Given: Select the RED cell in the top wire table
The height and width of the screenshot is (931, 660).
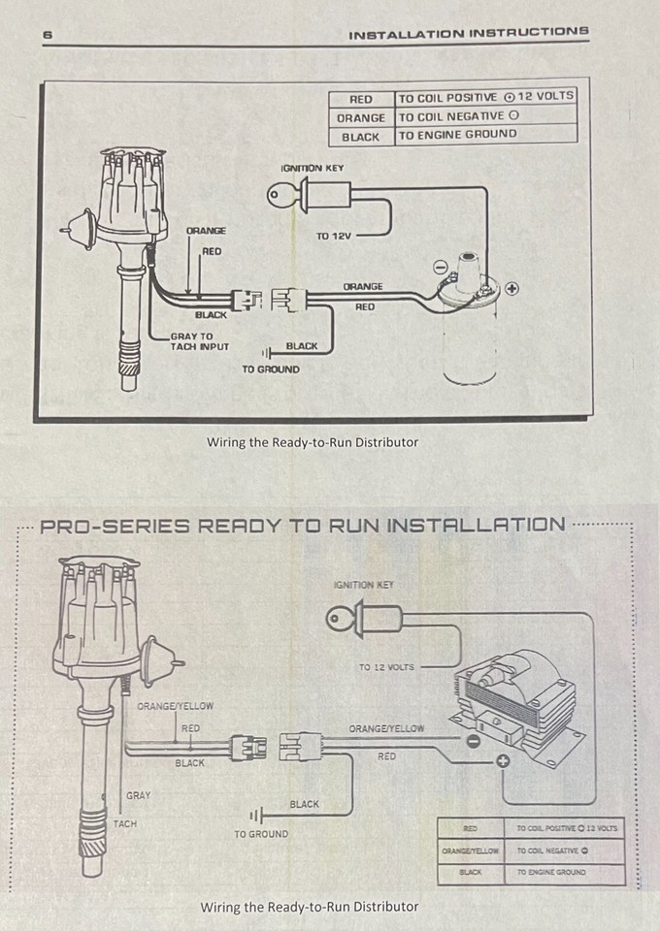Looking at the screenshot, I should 361,98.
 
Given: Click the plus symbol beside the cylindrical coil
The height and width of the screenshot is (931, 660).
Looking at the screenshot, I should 511,288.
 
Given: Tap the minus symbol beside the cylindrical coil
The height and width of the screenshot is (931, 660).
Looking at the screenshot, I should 440,265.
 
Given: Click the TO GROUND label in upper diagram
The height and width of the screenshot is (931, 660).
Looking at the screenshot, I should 271,369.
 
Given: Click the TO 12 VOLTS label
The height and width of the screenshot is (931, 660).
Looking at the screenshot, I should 386,667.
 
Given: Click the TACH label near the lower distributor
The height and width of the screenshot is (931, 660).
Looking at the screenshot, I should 125,824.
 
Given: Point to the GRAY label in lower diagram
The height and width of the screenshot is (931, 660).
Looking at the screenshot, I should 138,795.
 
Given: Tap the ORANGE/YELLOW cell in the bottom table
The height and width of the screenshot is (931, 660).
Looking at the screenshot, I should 471,851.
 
